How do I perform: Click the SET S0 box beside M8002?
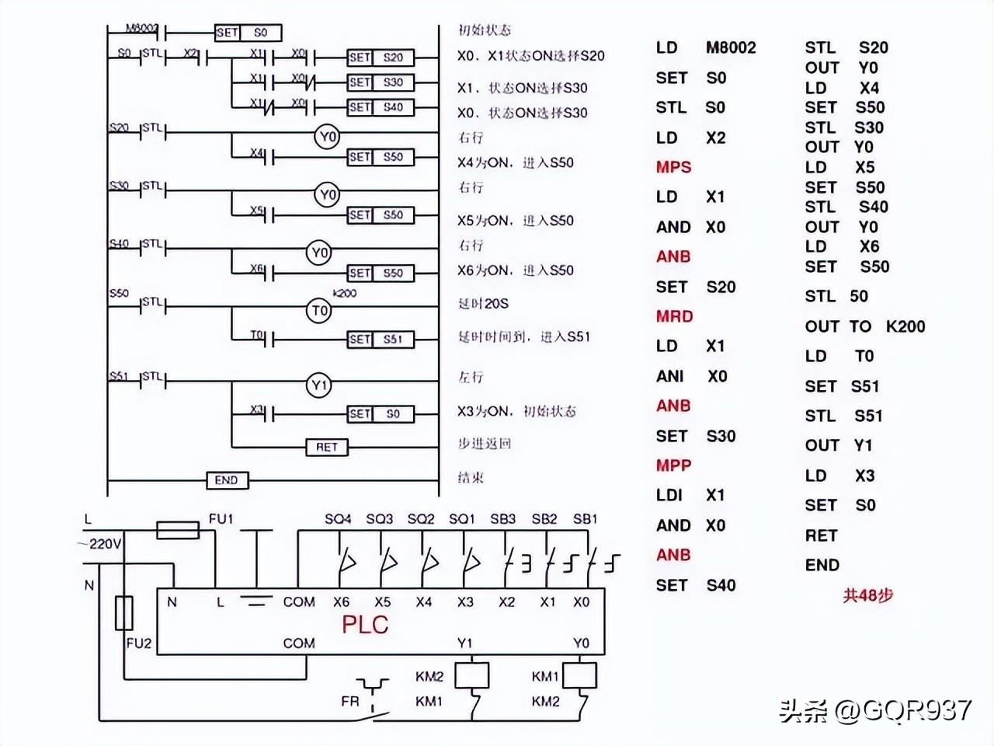pos(248,33)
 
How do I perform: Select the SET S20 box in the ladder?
pos(380,58)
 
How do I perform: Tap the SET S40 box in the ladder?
pos(380,107)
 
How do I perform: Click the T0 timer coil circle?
pos(320,311)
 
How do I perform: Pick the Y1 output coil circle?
pos(320,385)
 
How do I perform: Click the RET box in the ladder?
pos(326,447)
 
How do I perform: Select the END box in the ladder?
pos(227,480)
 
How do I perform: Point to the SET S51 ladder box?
pos(380,340)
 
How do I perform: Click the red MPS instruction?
pos(673,167)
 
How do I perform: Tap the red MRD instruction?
pos(673,316)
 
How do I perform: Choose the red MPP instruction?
pos(673,465)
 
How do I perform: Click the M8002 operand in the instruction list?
pos(730,47)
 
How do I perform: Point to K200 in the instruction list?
pos(905,326)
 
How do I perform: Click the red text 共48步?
pos(868,595)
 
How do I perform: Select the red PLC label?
pos(364,624)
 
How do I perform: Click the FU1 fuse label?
pos(221,518)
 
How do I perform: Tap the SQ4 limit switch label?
pos(338,518)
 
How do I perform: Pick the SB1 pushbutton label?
pos(585,518)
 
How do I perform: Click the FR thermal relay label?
pos(350,701)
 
